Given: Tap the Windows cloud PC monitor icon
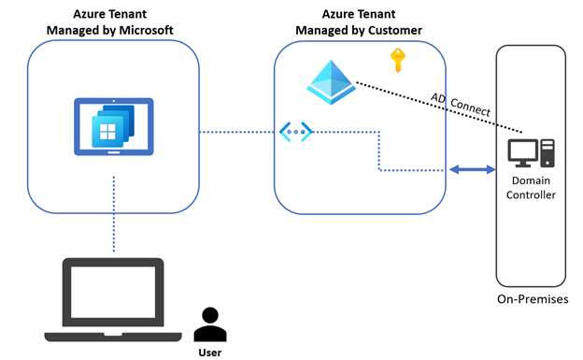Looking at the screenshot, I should tap(113, 126).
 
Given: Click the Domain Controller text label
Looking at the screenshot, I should tap(531, 187).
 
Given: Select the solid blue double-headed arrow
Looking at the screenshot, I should tap(473, 170).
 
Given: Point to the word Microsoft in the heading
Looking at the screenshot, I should tap(146, 30).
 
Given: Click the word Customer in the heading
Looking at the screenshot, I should tap(393, 30).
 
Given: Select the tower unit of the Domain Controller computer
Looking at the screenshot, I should tap(547, 152).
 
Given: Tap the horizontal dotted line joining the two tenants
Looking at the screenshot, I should tap(238, 131).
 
